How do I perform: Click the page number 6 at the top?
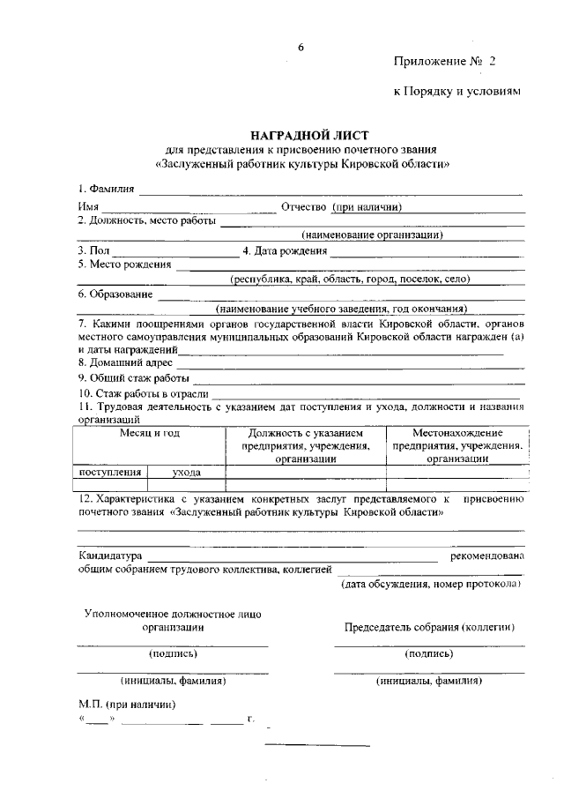pyautogui.click(x=300, y=48)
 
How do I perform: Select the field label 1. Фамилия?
pyautogui.click(x=106, y=189)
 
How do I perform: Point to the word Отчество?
pyautogui.click(x=303, y=206)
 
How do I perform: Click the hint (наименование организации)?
pyautogui.click(x=371, y=235)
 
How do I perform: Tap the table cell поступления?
pyautogui.click(x=111, y=473)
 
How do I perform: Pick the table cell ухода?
pyautogui.click(x=187, y=473)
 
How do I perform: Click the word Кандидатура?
pyautogui.click(x=110, y=556)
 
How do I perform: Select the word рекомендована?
pyautogui.click(x=487, y=556)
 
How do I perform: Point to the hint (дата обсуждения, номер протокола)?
pyautogui.click(x=431, y=584)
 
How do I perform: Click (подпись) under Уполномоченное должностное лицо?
pyautogui.click(x=174, y=653)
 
